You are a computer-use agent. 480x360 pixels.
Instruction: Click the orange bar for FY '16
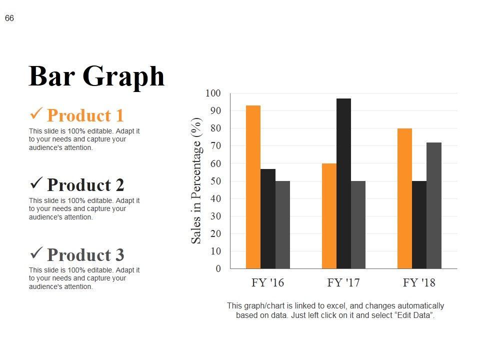click(x=253, y=187)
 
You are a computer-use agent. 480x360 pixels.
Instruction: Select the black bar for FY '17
click(x=343, y=183)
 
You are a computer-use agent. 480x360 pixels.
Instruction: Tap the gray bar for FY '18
click(x=434, y=205)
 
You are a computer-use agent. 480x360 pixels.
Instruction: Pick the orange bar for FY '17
click(x=329, y=216)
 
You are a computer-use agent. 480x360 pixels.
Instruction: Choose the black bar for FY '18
click(x=419, y=224)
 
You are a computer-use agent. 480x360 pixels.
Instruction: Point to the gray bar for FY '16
click(x=282, y=224)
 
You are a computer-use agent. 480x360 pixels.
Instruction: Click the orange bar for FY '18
click(x=404, y=198)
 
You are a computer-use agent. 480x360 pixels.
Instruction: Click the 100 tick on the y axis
click(x=212, y=93)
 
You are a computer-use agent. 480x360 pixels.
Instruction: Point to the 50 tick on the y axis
click(x=215, y=181)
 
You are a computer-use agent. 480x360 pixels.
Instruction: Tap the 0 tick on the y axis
click(x=218, y=269)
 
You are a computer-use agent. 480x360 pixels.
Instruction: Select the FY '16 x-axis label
click(x=267, y=283)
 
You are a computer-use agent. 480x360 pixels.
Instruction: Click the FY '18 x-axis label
click(x=419, y=283)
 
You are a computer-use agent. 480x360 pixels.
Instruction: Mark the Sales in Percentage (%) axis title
click(x=196, y=180)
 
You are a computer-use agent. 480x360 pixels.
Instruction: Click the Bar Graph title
click(x=96, y=76)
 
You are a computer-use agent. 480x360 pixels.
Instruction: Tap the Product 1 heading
click(x=85, y=115)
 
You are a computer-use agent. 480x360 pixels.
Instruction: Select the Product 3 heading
click(x=85, y=255)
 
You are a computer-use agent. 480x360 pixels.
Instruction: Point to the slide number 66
click(x=9, y=18)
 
